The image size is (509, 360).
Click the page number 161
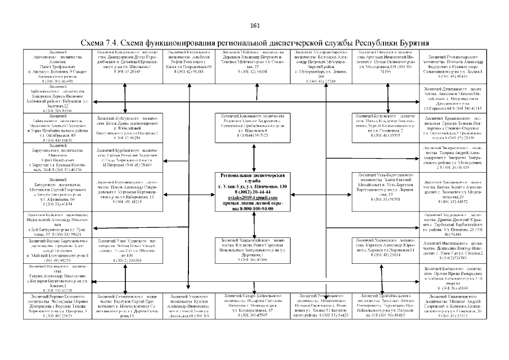254,26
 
